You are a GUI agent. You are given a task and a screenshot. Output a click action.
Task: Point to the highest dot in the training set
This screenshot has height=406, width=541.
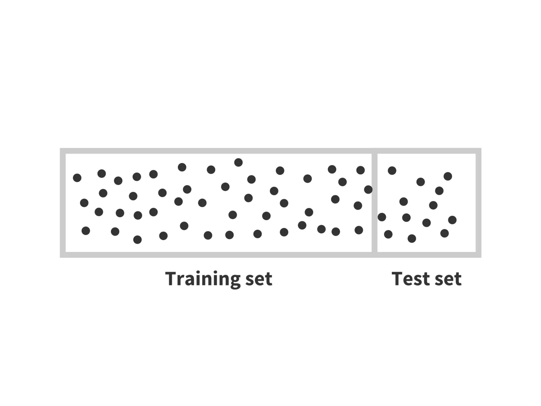[x=238, y=162]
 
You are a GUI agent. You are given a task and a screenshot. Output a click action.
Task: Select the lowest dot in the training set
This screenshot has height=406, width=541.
[x=137, y=240]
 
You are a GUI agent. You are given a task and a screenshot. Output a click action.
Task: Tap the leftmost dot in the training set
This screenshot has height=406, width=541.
[x=77, y=178]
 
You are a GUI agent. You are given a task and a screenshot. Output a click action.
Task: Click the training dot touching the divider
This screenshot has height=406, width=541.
[x=368, y=190]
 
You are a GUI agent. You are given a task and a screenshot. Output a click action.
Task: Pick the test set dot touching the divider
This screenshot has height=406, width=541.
[x=382, y=217]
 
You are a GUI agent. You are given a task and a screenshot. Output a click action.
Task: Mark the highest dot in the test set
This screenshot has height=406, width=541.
[x=392, y=170]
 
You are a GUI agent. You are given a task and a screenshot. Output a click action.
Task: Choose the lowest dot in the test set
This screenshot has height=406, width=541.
[x=412, y=239]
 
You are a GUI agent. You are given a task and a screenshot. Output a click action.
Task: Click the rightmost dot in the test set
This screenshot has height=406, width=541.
[x=452, y=220]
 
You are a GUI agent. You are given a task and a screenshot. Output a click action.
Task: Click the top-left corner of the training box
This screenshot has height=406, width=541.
[x=63, y=151]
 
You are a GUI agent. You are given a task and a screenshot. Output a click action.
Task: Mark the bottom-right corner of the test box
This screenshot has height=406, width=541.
[x=478, y=255]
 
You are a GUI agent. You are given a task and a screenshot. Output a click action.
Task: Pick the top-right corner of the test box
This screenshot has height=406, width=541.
[x=478, y=151]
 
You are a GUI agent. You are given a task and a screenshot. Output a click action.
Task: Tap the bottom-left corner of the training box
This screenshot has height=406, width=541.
[x=63, y=255]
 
